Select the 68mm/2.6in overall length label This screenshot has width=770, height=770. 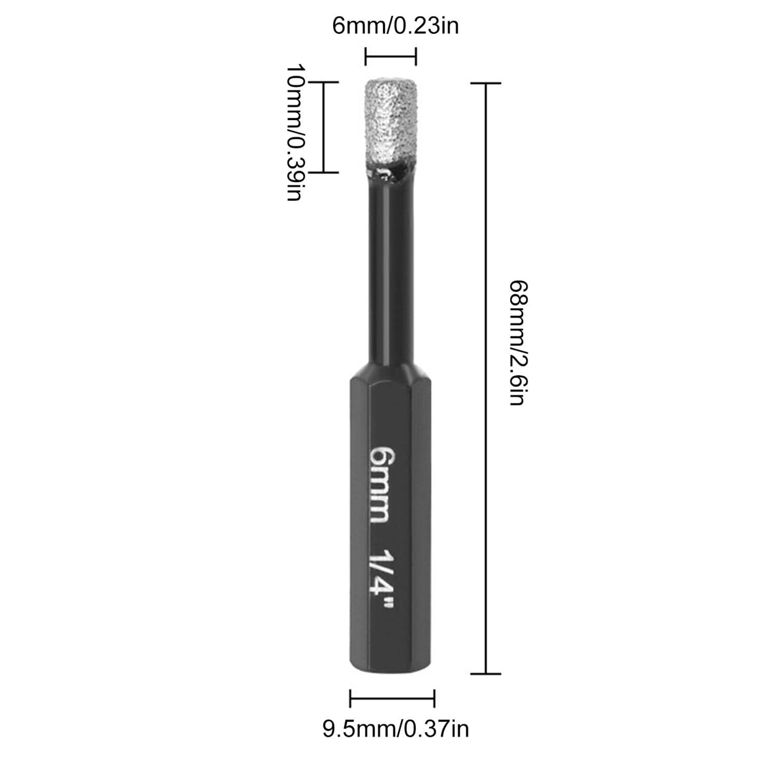[519, 343]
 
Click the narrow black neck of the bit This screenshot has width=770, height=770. [391, 271]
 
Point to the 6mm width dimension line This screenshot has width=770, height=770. [390, 56]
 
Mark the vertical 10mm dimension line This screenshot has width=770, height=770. [323, 127]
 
